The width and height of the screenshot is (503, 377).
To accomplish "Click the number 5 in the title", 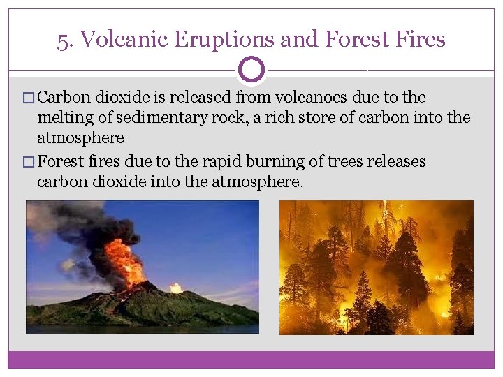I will pyautogui.click(x=63, y=40).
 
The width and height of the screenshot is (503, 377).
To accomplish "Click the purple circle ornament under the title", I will pyautogui.click(x=251, y=70).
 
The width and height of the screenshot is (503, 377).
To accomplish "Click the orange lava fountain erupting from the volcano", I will pyautogui.click(x=126, y=262).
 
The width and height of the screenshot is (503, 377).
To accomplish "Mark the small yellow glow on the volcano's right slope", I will pyautogui.click(x=175, y=288).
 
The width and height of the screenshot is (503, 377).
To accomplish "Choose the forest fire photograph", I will pyautogui.click(x=377, y=267).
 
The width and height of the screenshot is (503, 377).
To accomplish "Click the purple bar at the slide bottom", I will pyautogui.click(x=251, y=360).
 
